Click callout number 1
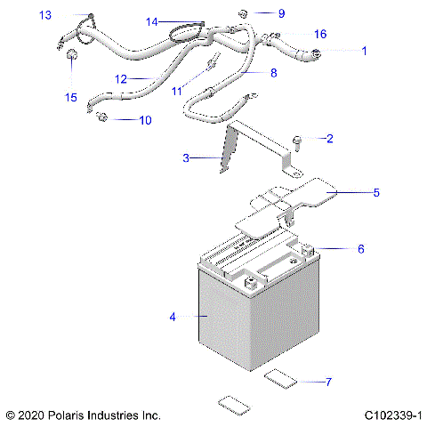click(x=363, y=51)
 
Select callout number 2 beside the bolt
click(x=330, y=138)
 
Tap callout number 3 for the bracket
click(x=186, y=158)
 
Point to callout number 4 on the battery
click(x=173, y=316)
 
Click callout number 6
click(x=360, y=249)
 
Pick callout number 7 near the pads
click(x=328, y=382)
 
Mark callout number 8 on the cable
click(x=273, y=72)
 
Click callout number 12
click(x=121, y=78)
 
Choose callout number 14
click(x=151, y=21)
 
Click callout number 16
click(x=320, y=34)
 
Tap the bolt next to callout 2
click(x=297, y=140)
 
